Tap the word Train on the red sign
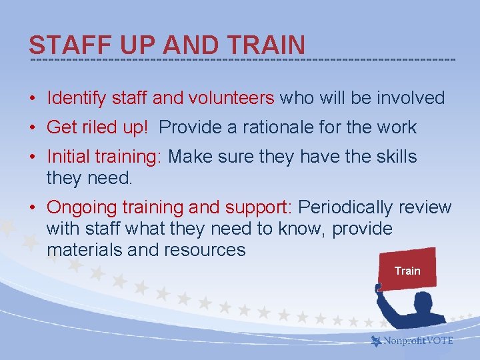[x=407, y=271]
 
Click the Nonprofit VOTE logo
[x=412, y=341]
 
